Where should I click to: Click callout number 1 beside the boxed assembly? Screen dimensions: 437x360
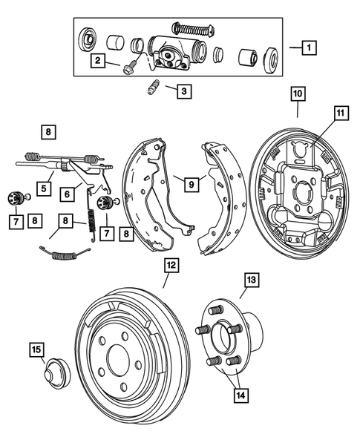tap(307, 47)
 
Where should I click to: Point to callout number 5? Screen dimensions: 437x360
tap(45, 188)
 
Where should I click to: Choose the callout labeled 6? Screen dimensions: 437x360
tap(66, 193)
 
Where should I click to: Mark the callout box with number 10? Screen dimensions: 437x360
tap(297, 94)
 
